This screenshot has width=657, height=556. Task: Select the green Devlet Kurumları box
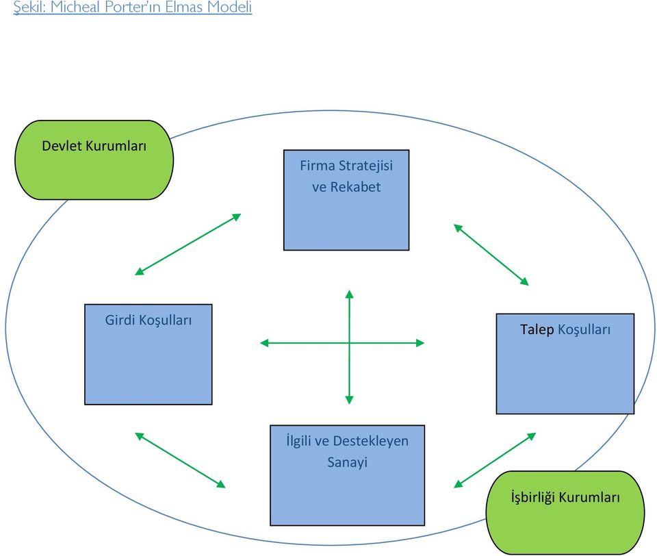pyautogui.click(x=94, y=160)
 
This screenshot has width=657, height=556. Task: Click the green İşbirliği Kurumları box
pyautogui.click(x=565, y=512)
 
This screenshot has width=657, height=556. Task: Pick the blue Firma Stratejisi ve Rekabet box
pyautogui.click(x=346, y=200)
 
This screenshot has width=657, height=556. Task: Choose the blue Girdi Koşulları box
pyautogui.click(x=148, y=355)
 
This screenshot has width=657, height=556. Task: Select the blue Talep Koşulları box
pyautogui.click(x=565, y=364)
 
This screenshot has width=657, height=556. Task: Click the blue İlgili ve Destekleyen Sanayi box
pyautogui.click(x=347, y=475)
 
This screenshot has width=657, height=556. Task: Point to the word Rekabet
pyautogui.click(x=355, y=187)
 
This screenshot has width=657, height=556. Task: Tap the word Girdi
pyautogui.click(x=120, y=320)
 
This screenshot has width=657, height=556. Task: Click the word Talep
pyautogui.click(x=537, y=329)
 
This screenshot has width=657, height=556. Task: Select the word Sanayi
pyautogui.click(x=347, y=462)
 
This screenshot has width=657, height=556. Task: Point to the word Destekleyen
pyautogui.click(x=370, y=441)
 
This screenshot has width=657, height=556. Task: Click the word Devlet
pyautogui.click(x=61, y=146)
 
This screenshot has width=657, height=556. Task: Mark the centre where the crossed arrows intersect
pyautogui.click(x=349, y=342)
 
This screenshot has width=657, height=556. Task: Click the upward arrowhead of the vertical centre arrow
pyautogui.click(x=349, y=294)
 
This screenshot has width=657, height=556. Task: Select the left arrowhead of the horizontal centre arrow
pyautogui.click(x=264, y=342)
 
